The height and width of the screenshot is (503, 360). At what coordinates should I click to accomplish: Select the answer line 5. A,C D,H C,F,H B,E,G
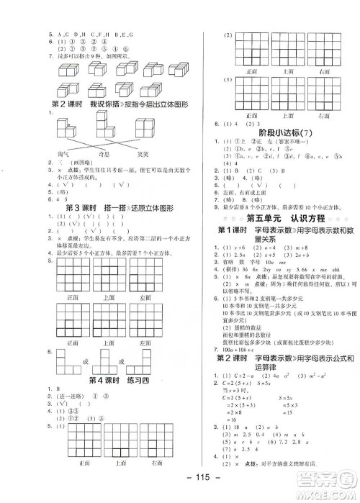coord(98,34)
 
